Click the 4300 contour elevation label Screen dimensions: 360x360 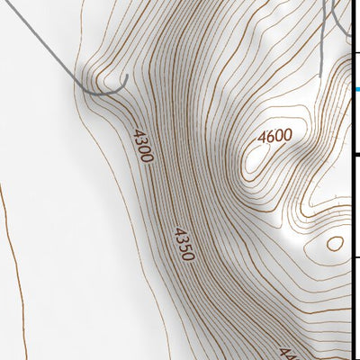(x=141, y=146)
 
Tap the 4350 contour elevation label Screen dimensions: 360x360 (x=183, y=243)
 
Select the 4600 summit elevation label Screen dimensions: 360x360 (x=274, y=137)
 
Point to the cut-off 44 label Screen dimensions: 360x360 (x=286, y=353)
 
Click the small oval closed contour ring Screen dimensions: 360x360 (x=335, y=242)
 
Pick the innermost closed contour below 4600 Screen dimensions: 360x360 (x=256, y=159)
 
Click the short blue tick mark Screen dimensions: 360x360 (x=357, y=89)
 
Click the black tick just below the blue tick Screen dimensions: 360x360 (x=357, y=155)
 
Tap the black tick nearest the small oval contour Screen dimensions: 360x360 (x=357, y=256)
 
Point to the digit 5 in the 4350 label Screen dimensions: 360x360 (x=184, y=246)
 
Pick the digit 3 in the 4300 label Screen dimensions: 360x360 (x=140, y=143)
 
